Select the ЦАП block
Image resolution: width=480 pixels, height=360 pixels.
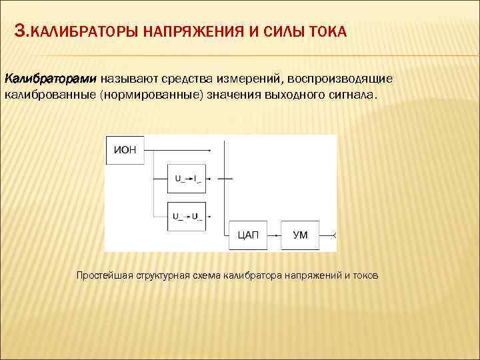tap(248, 235)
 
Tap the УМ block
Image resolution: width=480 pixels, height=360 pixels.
tap(301, 235)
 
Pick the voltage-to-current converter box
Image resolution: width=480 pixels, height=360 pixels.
tap(187, 178)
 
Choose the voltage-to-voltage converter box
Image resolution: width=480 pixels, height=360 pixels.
tap(187, 216)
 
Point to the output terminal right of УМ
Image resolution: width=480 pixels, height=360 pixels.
tap(335, 235)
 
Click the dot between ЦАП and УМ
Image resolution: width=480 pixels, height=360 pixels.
tap(273, 235)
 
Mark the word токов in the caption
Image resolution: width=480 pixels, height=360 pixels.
tap(364, 275)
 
